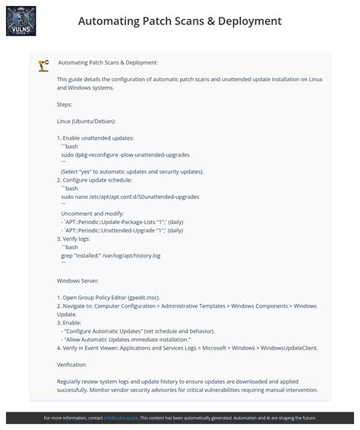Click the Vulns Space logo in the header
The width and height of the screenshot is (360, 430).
click(21, 21)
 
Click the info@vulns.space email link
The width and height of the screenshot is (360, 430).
click(121, 418)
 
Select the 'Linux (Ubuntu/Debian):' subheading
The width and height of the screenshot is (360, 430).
click(86, 121)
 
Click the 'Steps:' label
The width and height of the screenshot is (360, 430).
click(65, 104)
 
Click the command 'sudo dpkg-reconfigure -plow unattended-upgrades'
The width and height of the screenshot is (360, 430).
click(125, 154)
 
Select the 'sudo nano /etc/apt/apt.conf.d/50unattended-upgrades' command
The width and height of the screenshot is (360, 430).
click(130, 196)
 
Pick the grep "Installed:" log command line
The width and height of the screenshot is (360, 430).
click(111, 255)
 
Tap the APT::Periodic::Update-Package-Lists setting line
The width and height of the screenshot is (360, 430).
click(122, 222)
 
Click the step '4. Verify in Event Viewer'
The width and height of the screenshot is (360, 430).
click(187, 347)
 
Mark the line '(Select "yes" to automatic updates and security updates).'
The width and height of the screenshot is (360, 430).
click(132, 172)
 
